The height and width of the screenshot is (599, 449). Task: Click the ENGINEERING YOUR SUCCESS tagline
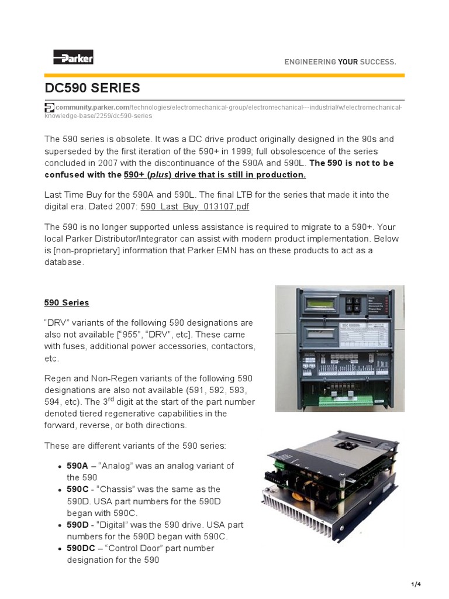coord(340,61)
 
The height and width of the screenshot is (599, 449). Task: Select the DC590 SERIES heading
coord(92,88)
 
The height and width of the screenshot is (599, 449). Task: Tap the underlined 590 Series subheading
coord(67,302)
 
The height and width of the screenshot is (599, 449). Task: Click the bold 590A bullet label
coord(77,466)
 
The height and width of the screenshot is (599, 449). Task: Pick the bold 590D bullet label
coord(77,525)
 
